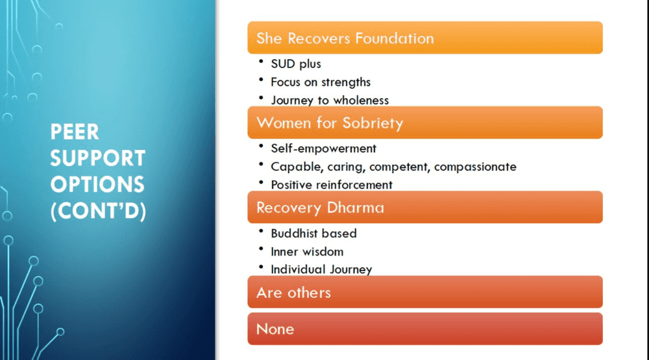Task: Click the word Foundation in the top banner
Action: click(394, 38)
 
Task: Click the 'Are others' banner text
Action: click(293, 293)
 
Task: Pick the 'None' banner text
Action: click(275, 330)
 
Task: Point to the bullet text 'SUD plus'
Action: click(296, 64)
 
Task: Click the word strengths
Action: click(346, 82)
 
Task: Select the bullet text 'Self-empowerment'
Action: click(323, 149)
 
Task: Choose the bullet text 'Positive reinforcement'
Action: click(332, 185)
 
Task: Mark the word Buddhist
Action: click(294, 234)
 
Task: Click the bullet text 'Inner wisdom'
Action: click(307, 252)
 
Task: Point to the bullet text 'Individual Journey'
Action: click(322, 270)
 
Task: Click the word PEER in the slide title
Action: click(75, 132)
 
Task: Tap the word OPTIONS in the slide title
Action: click(97, 185)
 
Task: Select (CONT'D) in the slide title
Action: click(98, 211)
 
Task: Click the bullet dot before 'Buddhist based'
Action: click(261, 231)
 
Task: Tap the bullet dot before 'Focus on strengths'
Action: click(261, 79)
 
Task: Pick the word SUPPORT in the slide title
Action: click(98, 158)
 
